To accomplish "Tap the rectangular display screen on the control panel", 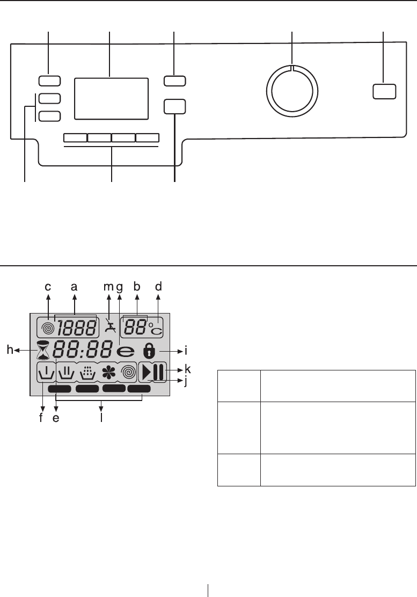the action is tap(111, 98).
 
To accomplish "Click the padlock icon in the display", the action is tap(150, 352).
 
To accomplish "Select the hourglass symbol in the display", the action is tap(42, 352).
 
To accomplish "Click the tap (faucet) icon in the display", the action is tap(110, 326).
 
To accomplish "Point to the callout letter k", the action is tap(188, 370).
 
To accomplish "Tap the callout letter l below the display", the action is tap(101, 416).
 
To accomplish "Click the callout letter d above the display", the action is tap(158, 288).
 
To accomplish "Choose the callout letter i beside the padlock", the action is tap(185, 351).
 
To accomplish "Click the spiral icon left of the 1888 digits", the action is tap(48, 327).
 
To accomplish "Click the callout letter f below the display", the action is tap(41, 416).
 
